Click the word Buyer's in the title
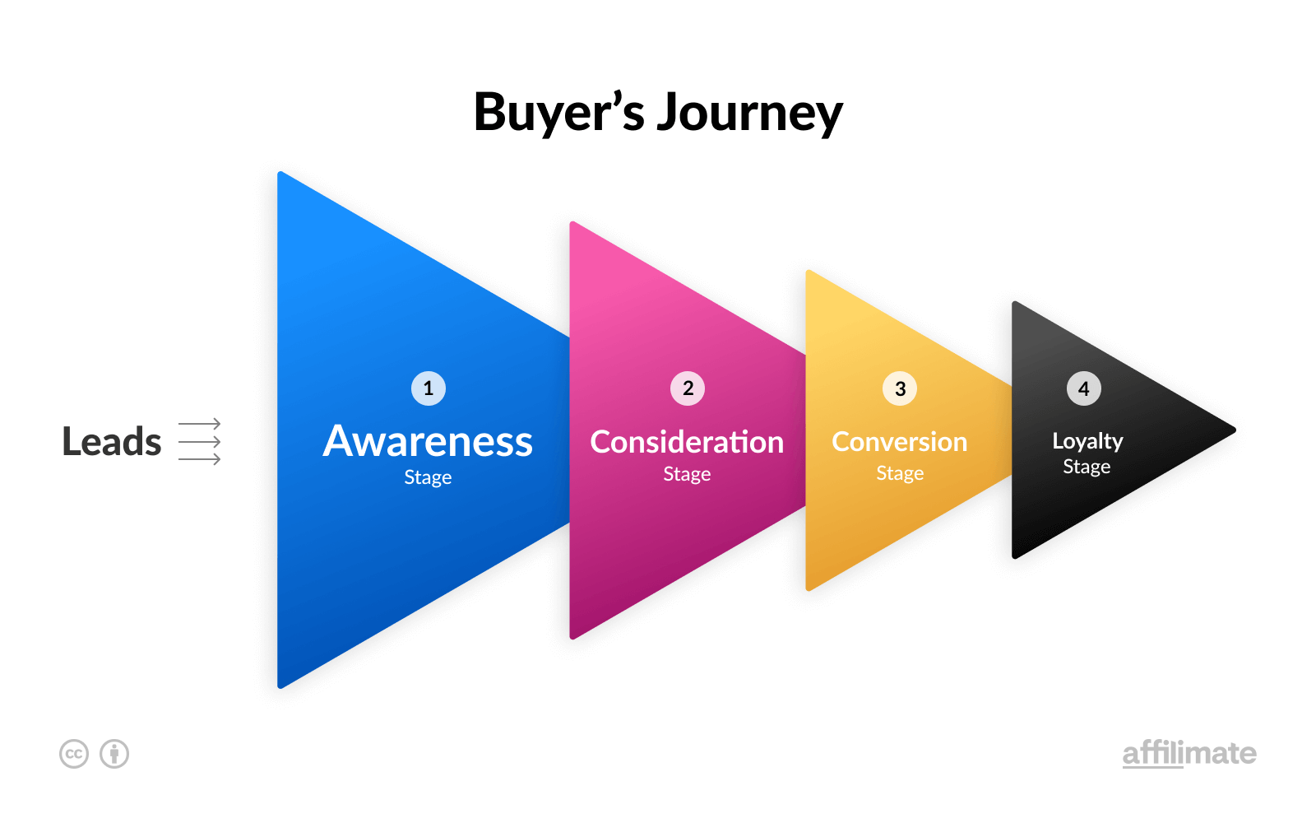(558, 113)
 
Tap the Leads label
(112, 442)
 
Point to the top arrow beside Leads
(200, 425)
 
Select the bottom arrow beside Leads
(200, 459)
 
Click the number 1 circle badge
(429, 388)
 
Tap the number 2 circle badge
(688, 388)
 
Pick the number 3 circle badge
(900, 388)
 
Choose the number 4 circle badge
(1084, 388)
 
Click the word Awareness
(428, 442)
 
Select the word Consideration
(687, 442)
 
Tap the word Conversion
(899, 442)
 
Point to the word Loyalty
(1087, 442)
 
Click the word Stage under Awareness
(428, 477)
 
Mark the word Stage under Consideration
(687, 474)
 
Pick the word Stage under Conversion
(900, 473)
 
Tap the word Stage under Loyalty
(1087, 467)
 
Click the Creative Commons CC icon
(74, 754)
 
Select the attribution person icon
(114, 754)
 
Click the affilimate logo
(1189, 753)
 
